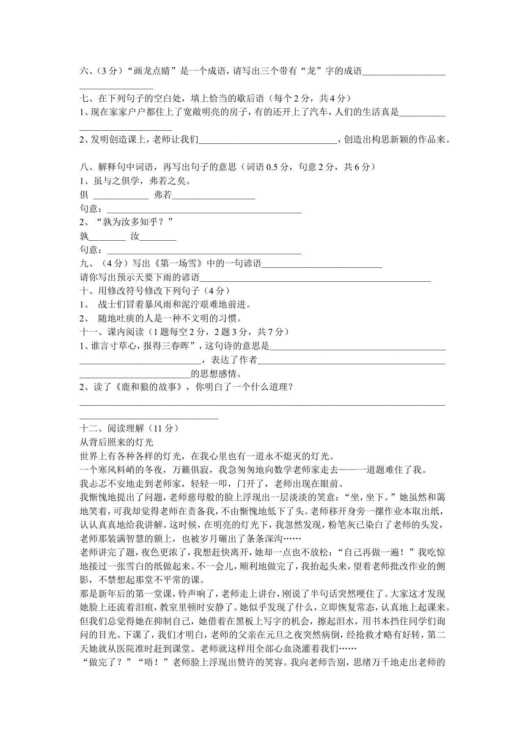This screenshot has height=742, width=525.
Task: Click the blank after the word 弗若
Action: (x=214, y=195)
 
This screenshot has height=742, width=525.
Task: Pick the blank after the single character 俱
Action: (x=121, y=195)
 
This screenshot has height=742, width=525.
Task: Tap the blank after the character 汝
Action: (x=158, y=236)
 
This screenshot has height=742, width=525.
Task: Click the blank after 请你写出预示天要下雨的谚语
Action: (x=315, y=278)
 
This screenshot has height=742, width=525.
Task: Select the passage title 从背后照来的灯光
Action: (x=116, y=442)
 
